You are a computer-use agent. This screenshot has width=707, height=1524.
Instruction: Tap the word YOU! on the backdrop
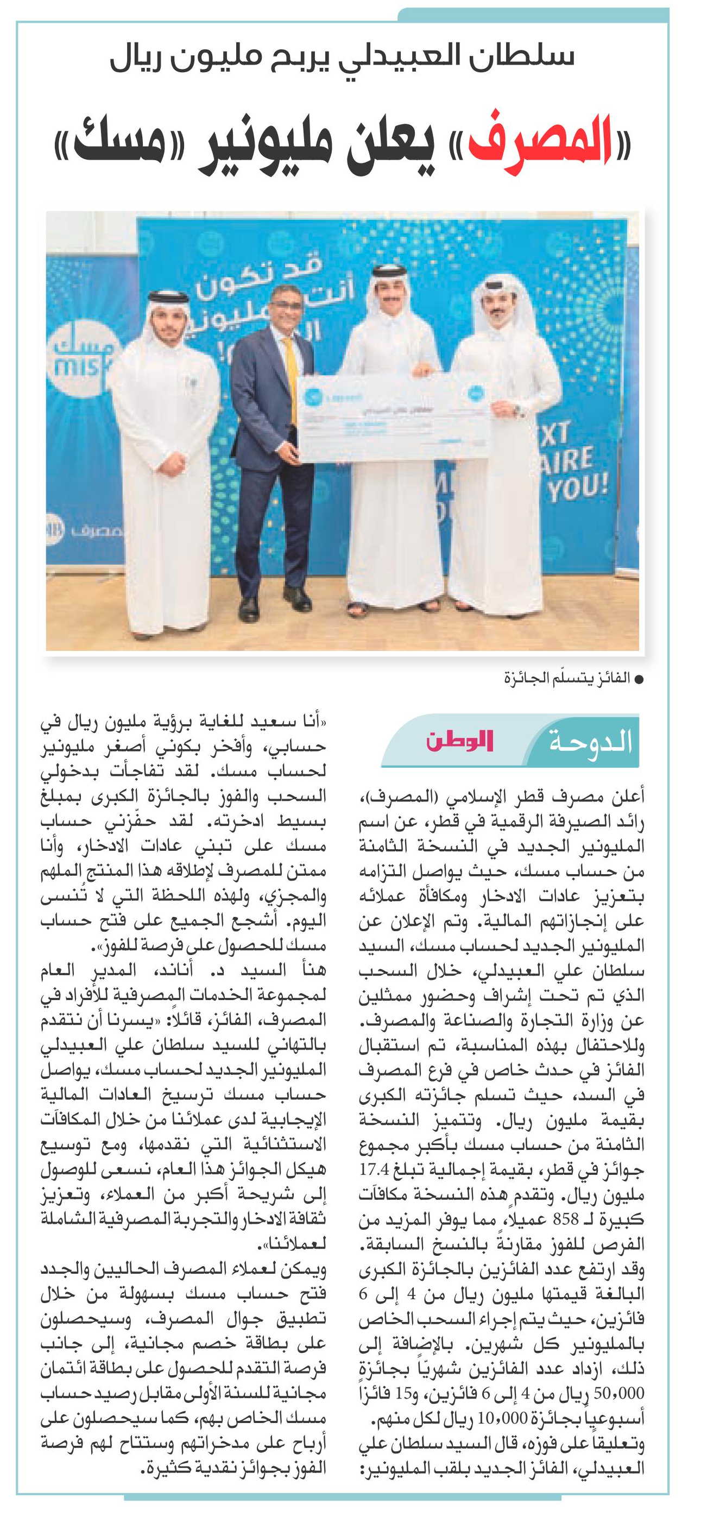[x=577, y=487]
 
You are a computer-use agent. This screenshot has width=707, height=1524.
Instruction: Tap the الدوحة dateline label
[x=590, y=742]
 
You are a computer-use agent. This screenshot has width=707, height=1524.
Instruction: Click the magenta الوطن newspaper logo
[x=459, y=741]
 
